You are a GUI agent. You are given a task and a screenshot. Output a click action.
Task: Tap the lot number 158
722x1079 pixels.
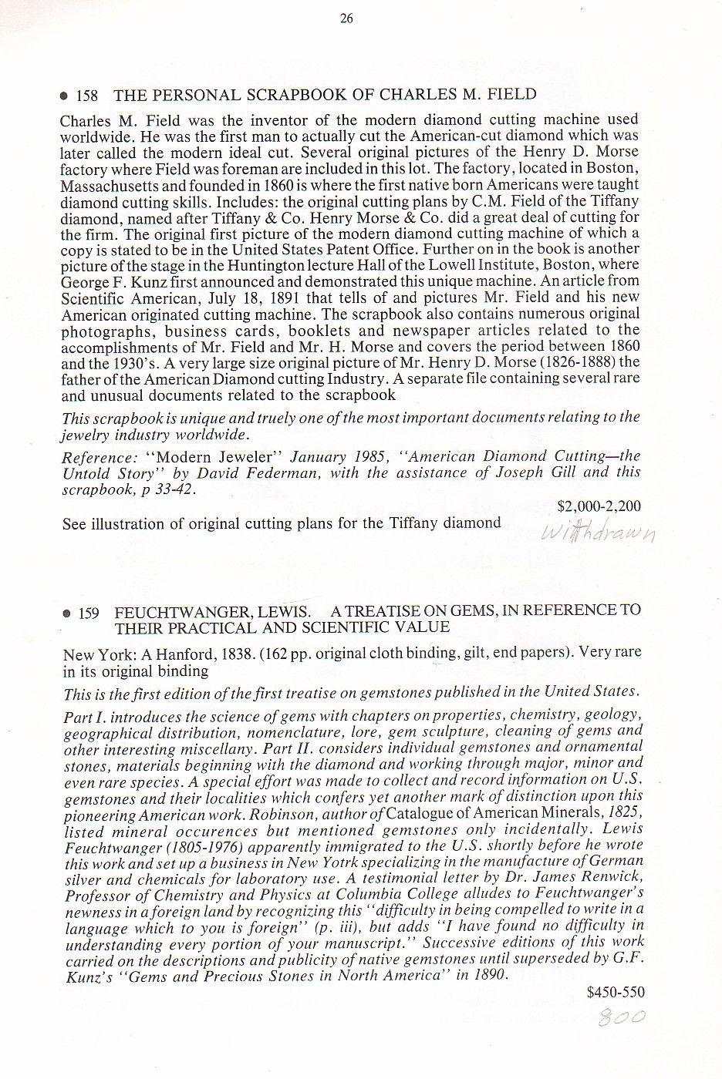pos(87,96)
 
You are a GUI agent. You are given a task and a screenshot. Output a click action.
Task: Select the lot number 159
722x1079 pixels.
pos(89,613)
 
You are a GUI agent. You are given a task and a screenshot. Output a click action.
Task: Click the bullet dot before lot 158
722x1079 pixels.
pos(64,97)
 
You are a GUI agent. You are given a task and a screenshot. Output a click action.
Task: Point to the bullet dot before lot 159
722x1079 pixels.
pos(66,614)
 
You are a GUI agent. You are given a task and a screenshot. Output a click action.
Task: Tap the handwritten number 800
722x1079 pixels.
pos(622,1017)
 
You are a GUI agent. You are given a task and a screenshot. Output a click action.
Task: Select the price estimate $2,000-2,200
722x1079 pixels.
pos(599,506)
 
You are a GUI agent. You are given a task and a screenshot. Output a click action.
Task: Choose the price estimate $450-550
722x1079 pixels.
pos(615,992)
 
